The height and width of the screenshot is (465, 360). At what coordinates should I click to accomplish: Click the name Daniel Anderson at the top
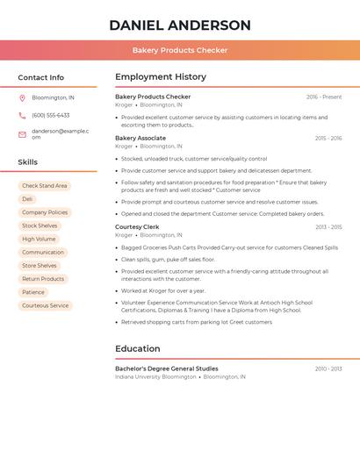[x=180, y=25]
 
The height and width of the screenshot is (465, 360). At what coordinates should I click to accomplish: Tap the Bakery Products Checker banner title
[x=180, y=50]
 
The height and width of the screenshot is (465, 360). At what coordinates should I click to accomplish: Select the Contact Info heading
[x=41, y=77]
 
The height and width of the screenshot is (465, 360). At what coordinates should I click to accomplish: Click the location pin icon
[x=22, y=97]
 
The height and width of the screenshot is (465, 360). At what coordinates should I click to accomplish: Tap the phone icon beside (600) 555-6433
[x=22, y=115]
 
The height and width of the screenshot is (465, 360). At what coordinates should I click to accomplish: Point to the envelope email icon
[x=22, y=134]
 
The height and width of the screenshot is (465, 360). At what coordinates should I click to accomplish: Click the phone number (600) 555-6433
[x=50, y=115]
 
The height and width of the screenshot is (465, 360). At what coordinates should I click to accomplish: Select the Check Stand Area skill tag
[x=44, y=186]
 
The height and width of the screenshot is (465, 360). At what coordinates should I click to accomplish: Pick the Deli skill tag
[x=27, y=199]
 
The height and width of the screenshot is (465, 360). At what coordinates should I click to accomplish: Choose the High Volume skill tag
[x=39, y=239]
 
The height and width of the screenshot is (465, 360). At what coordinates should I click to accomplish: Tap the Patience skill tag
[x=33, y=292]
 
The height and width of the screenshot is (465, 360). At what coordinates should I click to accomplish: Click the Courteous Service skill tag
[x=45, y=305]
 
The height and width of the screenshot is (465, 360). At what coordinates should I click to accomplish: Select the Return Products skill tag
[x=43, y=279]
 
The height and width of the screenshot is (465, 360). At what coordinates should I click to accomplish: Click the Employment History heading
[x=161, y=77]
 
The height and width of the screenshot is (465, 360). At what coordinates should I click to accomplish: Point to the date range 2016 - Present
[x=324, y=97]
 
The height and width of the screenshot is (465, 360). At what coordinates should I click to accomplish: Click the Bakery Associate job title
[x=140, y=138]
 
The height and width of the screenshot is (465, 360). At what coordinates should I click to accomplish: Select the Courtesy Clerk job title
[x=136, y=226]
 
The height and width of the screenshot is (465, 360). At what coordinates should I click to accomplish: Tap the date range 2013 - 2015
[x=328, y=227]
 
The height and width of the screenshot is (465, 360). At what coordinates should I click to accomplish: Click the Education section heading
[x=138, y=348]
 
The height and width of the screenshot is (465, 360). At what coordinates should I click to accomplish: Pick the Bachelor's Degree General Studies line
[x=167, y=368]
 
